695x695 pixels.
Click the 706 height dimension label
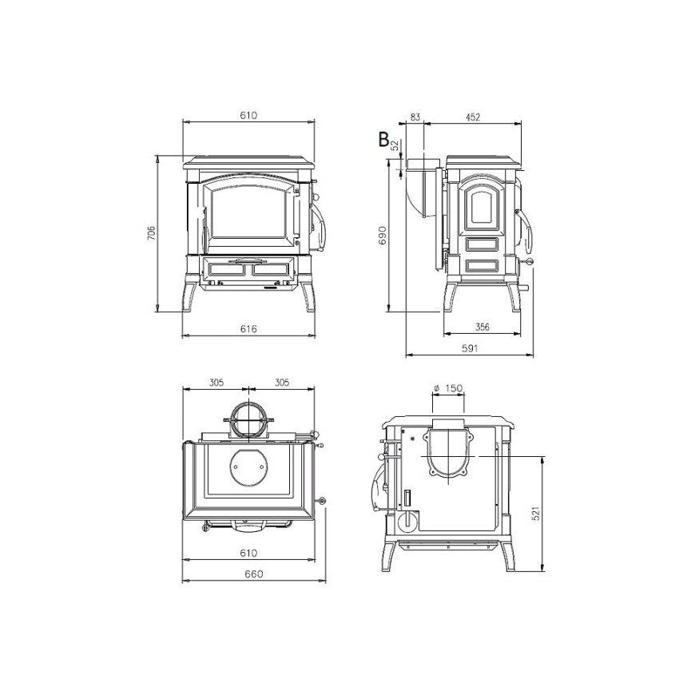point(152,233)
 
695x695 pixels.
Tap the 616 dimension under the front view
point(248,329)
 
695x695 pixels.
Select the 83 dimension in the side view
point(415,117)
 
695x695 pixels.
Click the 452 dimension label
point(472,117)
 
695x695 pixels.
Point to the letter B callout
point(383,139)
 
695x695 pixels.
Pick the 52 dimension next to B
point(395,145)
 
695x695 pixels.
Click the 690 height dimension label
point(383,235)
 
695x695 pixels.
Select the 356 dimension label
point(483,327)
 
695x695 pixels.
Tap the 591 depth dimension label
point(470,348)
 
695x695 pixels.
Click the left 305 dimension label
point(216,382)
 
